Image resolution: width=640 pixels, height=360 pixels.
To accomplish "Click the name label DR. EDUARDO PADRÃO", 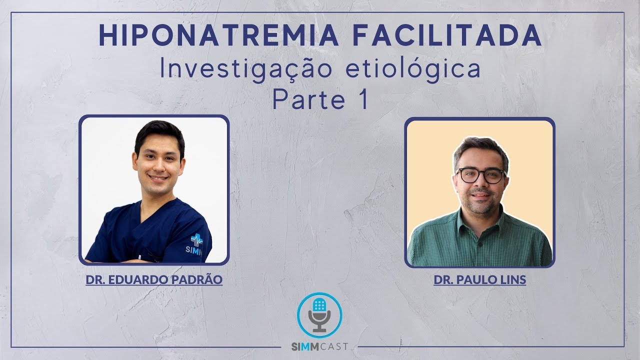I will [154, 279].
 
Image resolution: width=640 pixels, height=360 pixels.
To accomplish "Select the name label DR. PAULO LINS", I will [479, 279].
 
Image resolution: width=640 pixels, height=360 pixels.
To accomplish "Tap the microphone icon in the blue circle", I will [319, 314].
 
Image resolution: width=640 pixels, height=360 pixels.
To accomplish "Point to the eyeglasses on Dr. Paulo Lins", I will [480, 175].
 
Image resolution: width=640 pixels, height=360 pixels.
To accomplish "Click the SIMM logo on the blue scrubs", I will [196, 244].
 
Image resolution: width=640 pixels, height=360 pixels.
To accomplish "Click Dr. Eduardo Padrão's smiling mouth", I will [158, 177].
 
